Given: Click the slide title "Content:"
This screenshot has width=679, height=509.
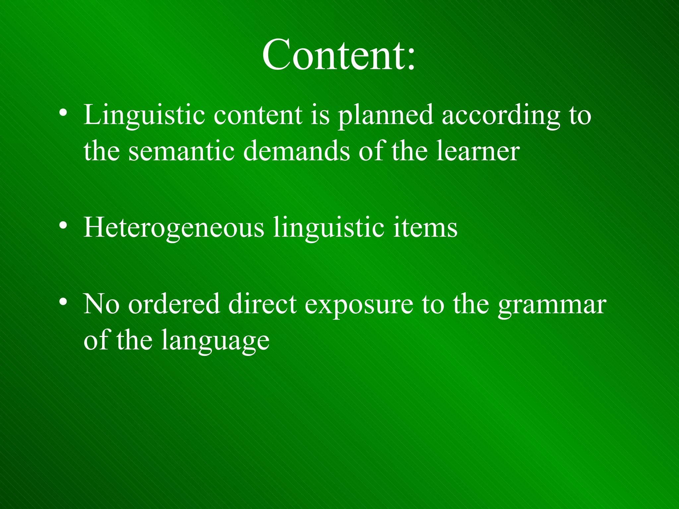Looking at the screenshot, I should point(339,55).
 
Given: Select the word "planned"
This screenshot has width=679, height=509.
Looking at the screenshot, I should point(385,115).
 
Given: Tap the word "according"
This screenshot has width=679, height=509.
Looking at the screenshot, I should point(501,115).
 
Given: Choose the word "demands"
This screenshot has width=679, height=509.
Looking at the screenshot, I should point(296,151).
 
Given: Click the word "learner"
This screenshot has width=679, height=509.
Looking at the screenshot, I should point(478,151).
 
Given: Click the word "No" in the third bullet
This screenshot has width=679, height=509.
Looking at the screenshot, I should point(101,304).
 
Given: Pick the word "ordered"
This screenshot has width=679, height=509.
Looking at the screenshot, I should point(174,304).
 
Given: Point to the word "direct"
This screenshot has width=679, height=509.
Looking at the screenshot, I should point(262,304).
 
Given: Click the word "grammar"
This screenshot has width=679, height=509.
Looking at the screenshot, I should point(552,305).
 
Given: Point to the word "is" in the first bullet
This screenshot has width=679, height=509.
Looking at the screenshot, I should point(320,115).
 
